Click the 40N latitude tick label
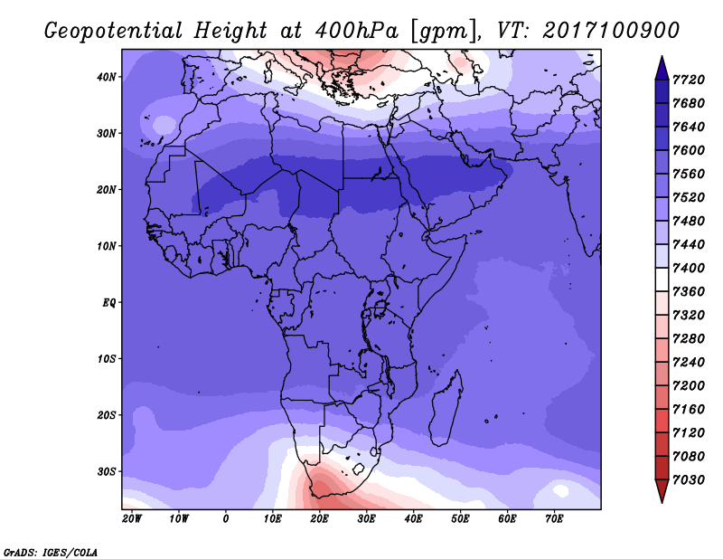[x=106, y=77]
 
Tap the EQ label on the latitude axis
[x=108, y=303]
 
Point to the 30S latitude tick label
[x=106, y=472]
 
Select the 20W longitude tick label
[x=132, y=519]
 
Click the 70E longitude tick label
[x=554, y=519]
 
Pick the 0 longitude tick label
[x=225, y=519]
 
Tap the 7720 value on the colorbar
[x=688, y=80]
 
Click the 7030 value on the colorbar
[x=688, y=480]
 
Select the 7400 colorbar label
[x=688, y=268]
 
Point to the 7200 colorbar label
[x=688, y=386]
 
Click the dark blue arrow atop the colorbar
[x=662, y=69]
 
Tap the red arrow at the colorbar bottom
[x=662, y=491]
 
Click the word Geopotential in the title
[x=114, y=32]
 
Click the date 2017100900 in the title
[x=611, y=31]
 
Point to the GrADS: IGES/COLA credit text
[x=51, y=553]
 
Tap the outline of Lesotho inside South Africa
[x=359, y=470]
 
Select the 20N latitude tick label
[x=106, y=190]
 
